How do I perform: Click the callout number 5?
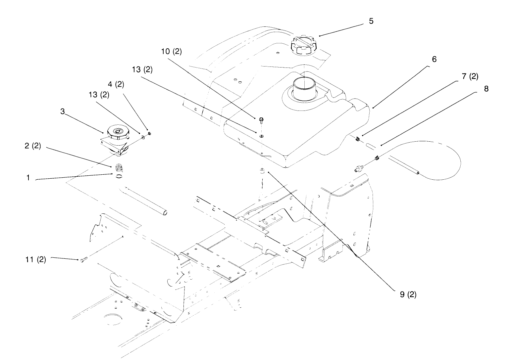pyautogui.click(x=371, y=21)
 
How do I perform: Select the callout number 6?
pyautogui.click(x=434, y=59)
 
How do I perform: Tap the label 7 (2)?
pyautogui.click(x=470, y=76)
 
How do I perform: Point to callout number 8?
pyautogui.click(x=486, y=89)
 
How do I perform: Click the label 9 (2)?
pyautogui.click(x=408, y=294)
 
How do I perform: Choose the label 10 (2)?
pyautogui.click(x=172, y=51)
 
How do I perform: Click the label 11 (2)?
pyautogui.click(x=35, y=259)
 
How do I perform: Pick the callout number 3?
pyautogui.click(x=62, y=112)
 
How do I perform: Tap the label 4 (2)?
pyautogui.click(x=116, y=84)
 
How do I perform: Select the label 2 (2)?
pyautogui.click(x=33, y=146)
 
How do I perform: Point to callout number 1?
pyautogui.click(x=28, y=177)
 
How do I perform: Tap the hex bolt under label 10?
pyautogui.click(x=261, y=121)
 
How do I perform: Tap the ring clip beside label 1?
pyautogui.click(x=119, y=176)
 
